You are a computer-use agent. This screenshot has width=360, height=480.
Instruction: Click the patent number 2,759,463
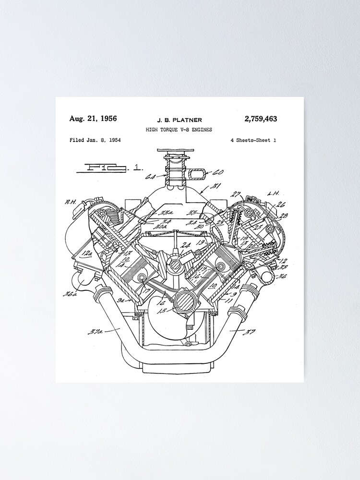click(261, 119)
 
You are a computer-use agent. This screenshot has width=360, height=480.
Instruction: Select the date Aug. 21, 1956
click(93, 119)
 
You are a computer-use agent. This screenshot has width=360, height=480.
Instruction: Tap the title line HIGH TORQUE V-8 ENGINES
click(179, 130)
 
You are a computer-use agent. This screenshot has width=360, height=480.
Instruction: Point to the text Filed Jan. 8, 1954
click(95, 140)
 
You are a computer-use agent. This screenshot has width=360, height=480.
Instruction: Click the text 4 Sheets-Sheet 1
click(253, 141)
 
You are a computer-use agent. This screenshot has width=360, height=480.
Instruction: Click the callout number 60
click(218, 172)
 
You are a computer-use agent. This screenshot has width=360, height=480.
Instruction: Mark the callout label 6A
click(149, 177)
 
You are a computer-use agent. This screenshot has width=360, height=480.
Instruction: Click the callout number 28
click(285, 216)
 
